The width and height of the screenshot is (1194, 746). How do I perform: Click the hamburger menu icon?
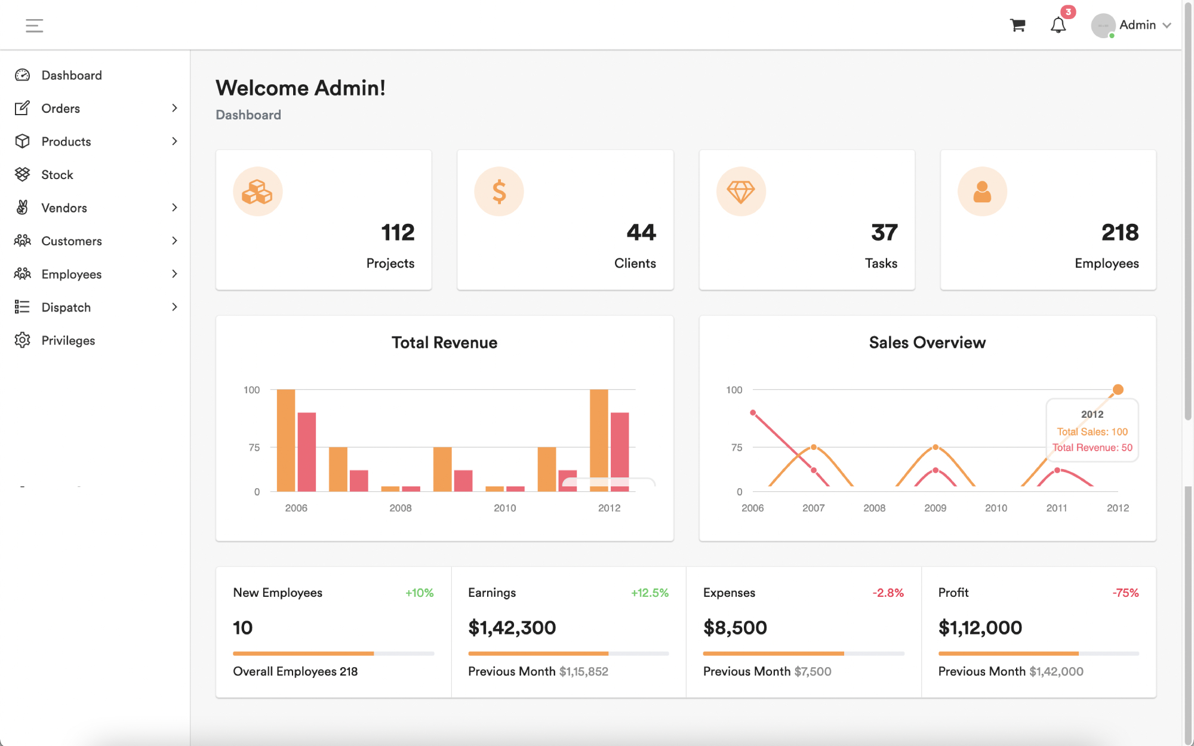(34, 26)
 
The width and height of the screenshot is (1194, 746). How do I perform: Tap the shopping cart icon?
(1017, 25)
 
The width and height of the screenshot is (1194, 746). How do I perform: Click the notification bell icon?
(1058, 25)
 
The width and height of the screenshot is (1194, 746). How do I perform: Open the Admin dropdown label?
(1137, 25)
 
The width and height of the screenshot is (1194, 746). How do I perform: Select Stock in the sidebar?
(57, 175)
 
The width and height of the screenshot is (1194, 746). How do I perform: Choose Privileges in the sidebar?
(68, 341)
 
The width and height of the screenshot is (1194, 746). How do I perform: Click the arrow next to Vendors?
(174, 208)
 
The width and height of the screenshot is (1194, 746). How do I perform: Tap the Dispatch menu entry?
(66, 307)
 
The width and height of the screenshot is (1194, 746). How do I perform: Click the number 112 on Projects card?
(398, 232)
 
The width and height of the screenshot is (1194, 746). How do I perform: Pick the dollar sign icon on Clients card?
(499, 192)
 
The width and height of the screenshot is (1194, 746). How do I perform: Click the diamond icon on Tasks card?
(741, 192)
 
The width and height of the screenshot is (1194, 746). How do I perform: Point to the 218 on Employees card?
(1119, 232)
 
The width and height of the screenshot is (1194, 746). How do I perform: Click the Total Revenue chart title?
(444, 343)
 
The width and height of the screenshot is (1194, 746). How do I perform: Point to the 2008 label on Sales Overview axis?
(874, 508)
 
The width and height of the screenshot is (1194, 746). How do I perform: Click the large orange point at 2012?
(1118, 390)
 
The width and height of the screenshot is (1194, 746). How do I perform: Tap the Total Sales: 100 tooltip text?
(1092, 431)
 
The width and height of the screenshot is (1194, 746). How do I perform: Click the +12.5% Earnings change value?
(650, 593)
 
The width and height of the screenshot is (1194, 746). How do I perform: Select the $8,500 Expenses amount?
(735, 628)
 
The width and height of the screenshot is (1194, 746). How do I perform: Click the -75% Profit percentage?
(1125, 593)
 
